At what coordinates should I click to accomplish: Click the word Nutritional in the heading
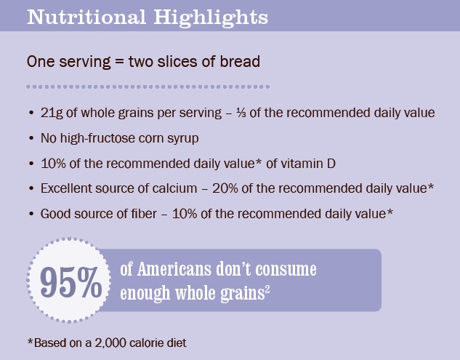click(x=86, y=17)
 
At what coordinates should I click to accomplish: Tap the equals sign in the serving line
click(x=120, y=62)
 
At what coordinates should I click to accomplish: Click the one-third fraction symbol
click(x=241, y=113)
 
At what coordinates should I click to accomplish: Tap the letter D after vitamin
click(x=331, y=164)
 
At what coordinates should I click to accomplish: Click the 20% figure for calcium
click(x=225, y=188)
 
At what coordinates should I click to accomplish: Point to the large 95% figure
click(x=71, y=282)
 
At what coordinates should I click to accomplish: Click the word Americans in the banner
click(x=174, y=268)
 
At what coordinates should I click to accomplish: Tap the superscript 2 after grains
click(x=267, y=289)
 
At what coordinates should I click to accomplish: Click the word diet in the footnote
click(x=177, y=343)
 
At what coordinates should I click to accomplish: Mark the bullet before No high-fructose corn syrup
click(x=32, y=138)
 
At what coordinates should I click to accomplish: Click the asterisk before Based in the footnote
click(x=31, y=340)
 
